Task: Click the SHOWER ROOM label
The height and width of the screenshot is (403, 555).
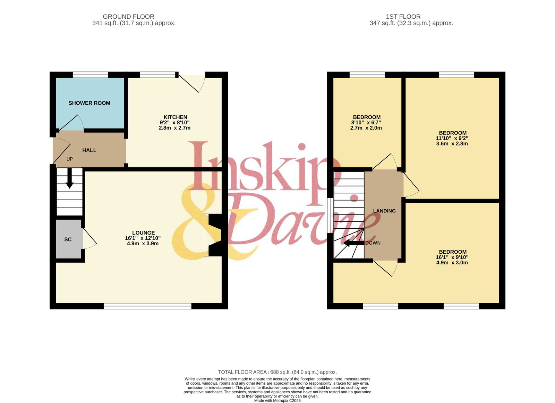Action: [x=89, y=103]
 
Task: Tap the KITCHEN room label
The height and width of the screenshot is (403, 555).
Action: [x=175, y=117]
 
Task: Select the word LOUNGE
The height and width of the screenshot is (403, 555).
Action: [x=144, y=233]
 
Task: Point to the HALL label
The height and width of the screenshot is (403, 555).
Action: [x=89, y=150]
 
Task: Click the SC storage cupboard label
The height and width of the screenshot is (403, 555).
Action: [x=68, y=239]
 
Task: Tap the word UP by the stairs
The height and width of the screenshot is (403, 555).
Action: [x=70, y=159]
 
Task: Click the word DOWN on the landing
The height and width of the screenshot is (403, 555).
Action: [x=373, y=243]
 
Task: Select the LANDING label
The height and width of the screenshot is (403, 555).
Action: [x=384, y=211]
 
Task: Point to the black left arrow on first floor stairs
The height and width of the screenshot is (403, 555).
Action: [x=354, y=243]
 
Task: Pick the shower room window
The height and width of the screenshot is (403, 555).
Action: [x=91, y=75]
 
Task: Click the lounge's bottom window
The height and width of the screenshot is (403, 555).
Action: [x=148, y=306]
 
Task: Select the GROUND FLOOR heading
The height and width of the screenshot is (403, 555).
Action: [x=129, y=17]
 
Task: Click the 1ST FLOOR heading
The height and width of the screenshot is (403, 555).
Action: [x=403, y=17]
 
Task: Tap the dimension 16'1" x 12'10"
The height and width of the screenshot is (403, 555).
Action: [x=143, y=238]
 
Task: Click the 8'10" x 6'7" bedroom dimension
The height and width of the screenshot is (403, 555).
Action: [x=366, y=123]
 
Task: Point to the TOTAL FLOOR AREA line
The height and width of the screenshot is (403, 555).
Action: [x=277, y=372]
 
